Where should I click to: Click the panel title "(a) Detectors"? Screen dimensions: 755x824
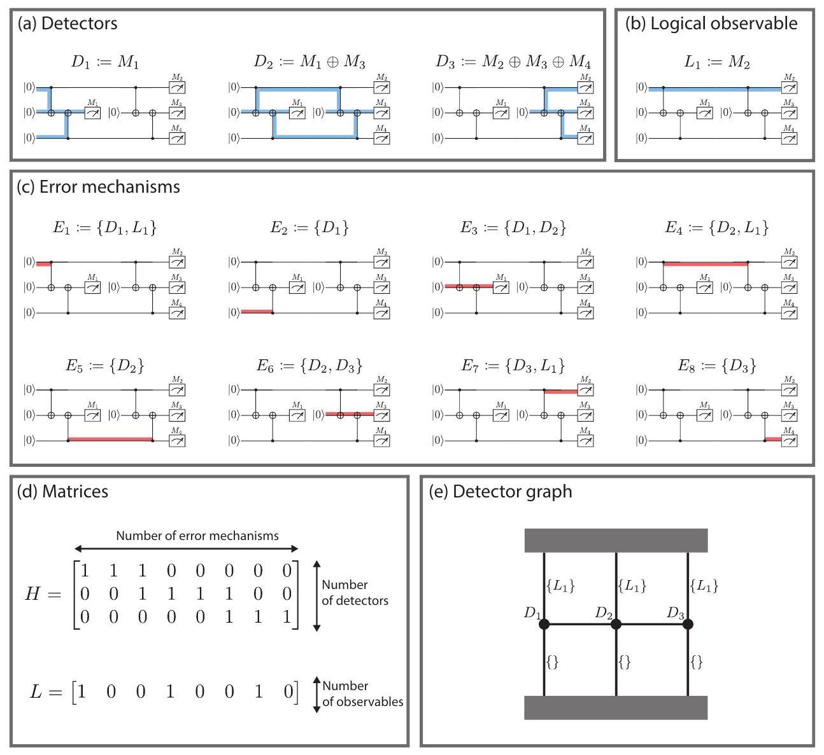pyautogui.click(x=67, y=24)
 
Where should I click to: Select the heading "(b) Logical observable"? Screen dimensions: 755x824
pyautogui.click(x=711, y=24)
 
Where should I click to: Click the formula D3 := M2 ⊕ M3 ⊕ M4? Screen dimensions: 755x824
pyautogui.click(x=513, y=62)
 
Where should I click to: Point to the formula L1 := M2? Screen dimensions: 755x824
pyautogui.click(x=716, y=62)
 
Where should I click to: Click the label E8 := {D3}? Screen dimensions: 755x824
pyautogui.click(x=717, y=366)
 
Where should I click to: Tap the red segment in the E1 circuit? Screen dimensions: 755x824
pyautogui.click(x=43, y=262)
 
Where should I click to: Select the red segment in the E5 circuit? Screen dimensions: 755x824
pyautogui.click(x=110, y=440)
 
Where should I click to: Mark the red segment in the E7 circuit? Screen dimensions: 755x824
pyautogui.click(x=560, y=392)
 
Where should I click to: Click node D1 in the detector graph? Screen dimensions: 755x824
pyautogui.click(x=544, y=625)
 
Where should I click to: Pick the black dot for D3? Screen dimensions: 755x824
pyautogui.click(x=688, y=625)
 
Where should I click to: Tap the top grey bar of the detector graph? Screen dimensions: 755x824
pyautogui.click(x=616, y=540)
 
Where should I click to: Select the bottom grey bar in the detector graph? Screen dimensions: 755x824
pyautogui.click(x=616, y=707)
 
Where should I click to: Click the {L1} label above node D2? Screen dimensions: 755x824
pyautogui.click(x=632, y=586)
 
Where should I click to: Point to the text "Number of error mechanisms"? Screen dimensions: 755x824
pyautogui.click(x=197, y=536)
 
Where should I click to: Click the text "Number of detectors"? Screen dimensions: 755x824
pyautogui.click(x=355, y=592)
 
